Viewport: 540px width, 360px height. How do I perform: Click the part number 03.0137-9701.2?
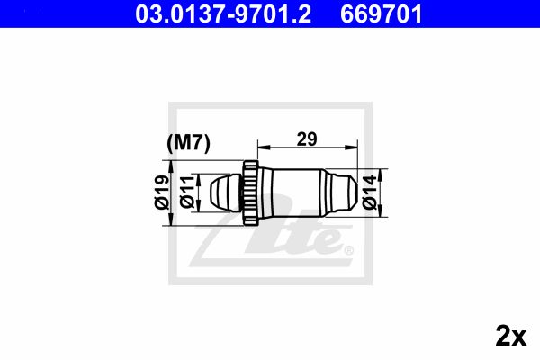[223, 13]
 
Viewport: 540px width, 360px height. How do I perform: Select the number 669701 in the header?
[382, 13]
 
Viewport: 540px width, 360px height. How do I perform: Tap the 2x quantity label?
[511, 336]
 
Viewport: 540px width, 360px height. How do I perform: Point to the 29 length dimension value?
[307, 139]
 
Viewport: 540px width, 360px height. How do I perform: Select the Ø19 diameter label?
[162, 193]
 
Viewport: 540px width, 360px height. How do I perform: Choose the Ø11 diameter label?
[187, 193]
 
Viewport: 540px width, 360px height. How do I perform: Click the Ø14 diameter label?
[370, 193]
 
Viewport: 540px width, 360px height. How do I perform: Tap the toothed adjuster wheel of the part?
[250, 193]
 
